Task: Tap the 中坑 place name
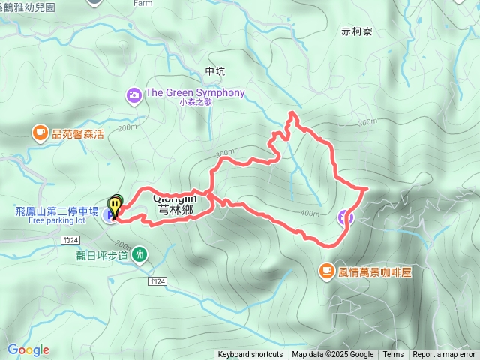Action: pos(214,71)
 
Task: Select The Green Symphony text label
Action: pos(195,93)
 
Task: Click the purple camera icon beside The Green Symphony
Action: pos(134,94)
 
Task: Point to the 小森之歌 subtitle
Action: pos(196,103)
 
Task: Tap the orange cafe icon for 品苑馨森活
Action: pos(39,133)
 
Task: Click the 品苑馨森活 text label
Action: pos(78,133)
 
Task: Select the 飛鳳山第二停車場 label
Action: pos(56,211)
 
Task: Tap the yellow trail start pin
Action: pos(115,203)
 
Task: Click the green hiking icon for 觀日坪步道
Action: pos(139,256)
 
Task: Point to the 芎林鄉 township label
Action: pos(176,211)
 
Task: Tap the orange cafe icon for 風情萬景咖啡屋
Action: pos(326,271)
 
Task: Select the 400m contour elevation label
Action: pos(309,214)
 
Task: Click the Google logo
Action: pos(28,349)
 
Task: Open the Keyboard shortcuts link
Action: pos(250,355)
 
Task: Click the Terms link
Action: pos(393,355)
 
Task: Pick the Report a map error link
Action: pos(445,355)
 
